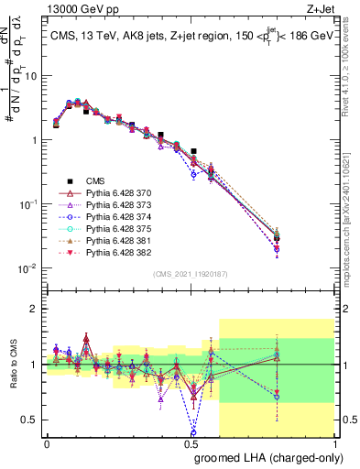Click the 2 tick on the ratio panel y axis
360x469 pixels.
point(34,309)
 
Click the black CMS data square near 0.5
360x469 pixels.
point(193,151)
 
